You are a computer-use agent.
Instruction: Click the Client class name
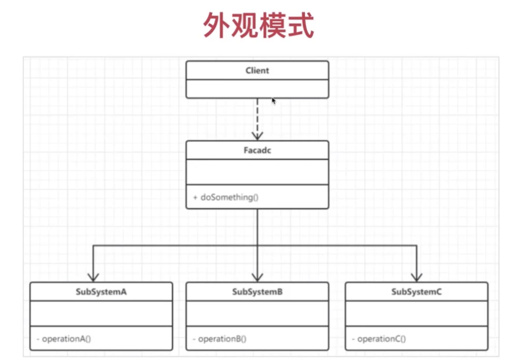tap(257, 70)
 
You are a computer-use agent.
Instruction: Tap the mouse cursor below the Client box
tap(274, 101)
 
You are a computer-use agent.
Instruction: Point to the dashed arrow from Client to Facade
tap(257, 117)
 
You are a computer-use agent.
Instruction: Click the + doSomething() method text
tap(226, 198)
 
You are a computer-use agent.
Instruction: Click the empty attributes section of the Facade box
tap(257, 172)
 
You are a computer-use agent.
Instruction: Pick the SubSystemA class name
tap(101, 292)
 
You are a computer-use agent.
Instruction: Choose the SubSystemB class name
tap(257, 292)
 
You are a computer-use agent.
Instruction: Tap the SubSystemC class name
tap(416, 292)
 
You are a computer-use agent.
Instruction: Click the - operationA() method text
tap(64, 339)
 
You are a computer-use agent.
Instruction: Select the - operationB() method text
tap(220, 339)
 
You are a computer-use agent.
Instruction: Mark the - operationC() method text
tap(378, 339)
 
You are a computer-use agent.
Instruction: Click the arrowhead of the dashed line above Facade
tap(257, 135)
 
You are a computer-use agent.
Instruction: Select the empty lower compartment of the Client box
tap(257, 89)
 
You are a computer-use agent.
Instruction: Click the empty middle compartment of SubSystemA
tap(101, 314)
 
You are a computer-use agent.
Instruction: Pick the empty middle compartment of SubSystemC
tap(416, 314)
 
